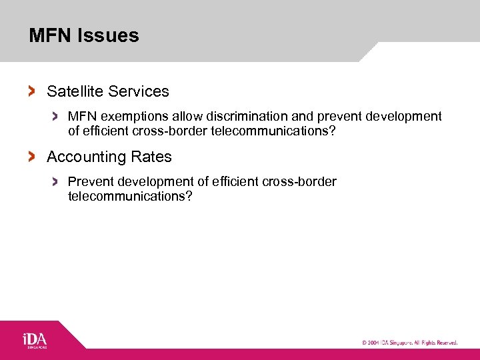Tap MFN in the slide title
click(x=50, y=35)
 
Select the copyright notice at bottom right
click(x=409, y=342)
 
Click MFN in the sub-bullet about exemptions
click(x=82, y=117)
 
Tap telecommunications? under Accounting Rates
click(x=130, y=197)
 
